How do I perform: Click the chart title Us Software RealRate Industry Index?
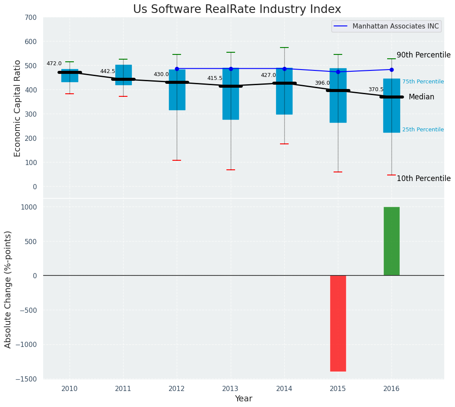click(x=237, y=10)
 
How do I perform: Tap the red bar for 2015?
click(x=338, y=323)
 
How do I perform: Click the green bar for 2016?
click(x=391, y=241)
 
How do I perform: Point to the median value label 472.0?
click(x=54, y=64)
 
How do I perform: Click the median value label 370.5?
click(x=376, y=89)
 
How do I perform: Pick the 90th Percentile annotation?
click(x=423, y=55)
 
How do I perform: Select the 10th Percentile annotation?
click(x=423, y=178)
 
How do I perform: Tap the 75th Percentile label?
click(x=423, y=82)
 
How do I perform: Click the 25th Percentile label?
click(x=423, y=130)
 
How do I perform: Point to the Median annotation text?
click(x=421, y=97)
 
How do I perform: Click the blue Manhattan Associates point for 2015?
click(x=338, y=72)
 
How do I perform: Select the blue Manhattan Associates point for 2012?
click(x=177, y=69)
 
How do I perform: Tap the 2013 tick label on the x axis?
click(x=230, y=389)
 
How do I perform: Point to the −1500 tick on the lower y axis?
click(x=30, y=379)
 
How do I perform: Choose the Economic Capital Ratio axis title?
click(x=18, y=108)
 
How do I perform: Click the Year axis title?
click(x=244, y=399)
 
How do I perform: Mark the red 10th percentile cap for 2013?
click(x=230, y=170)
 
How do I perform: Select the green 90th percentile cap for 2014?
click(x=284, y=48)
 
